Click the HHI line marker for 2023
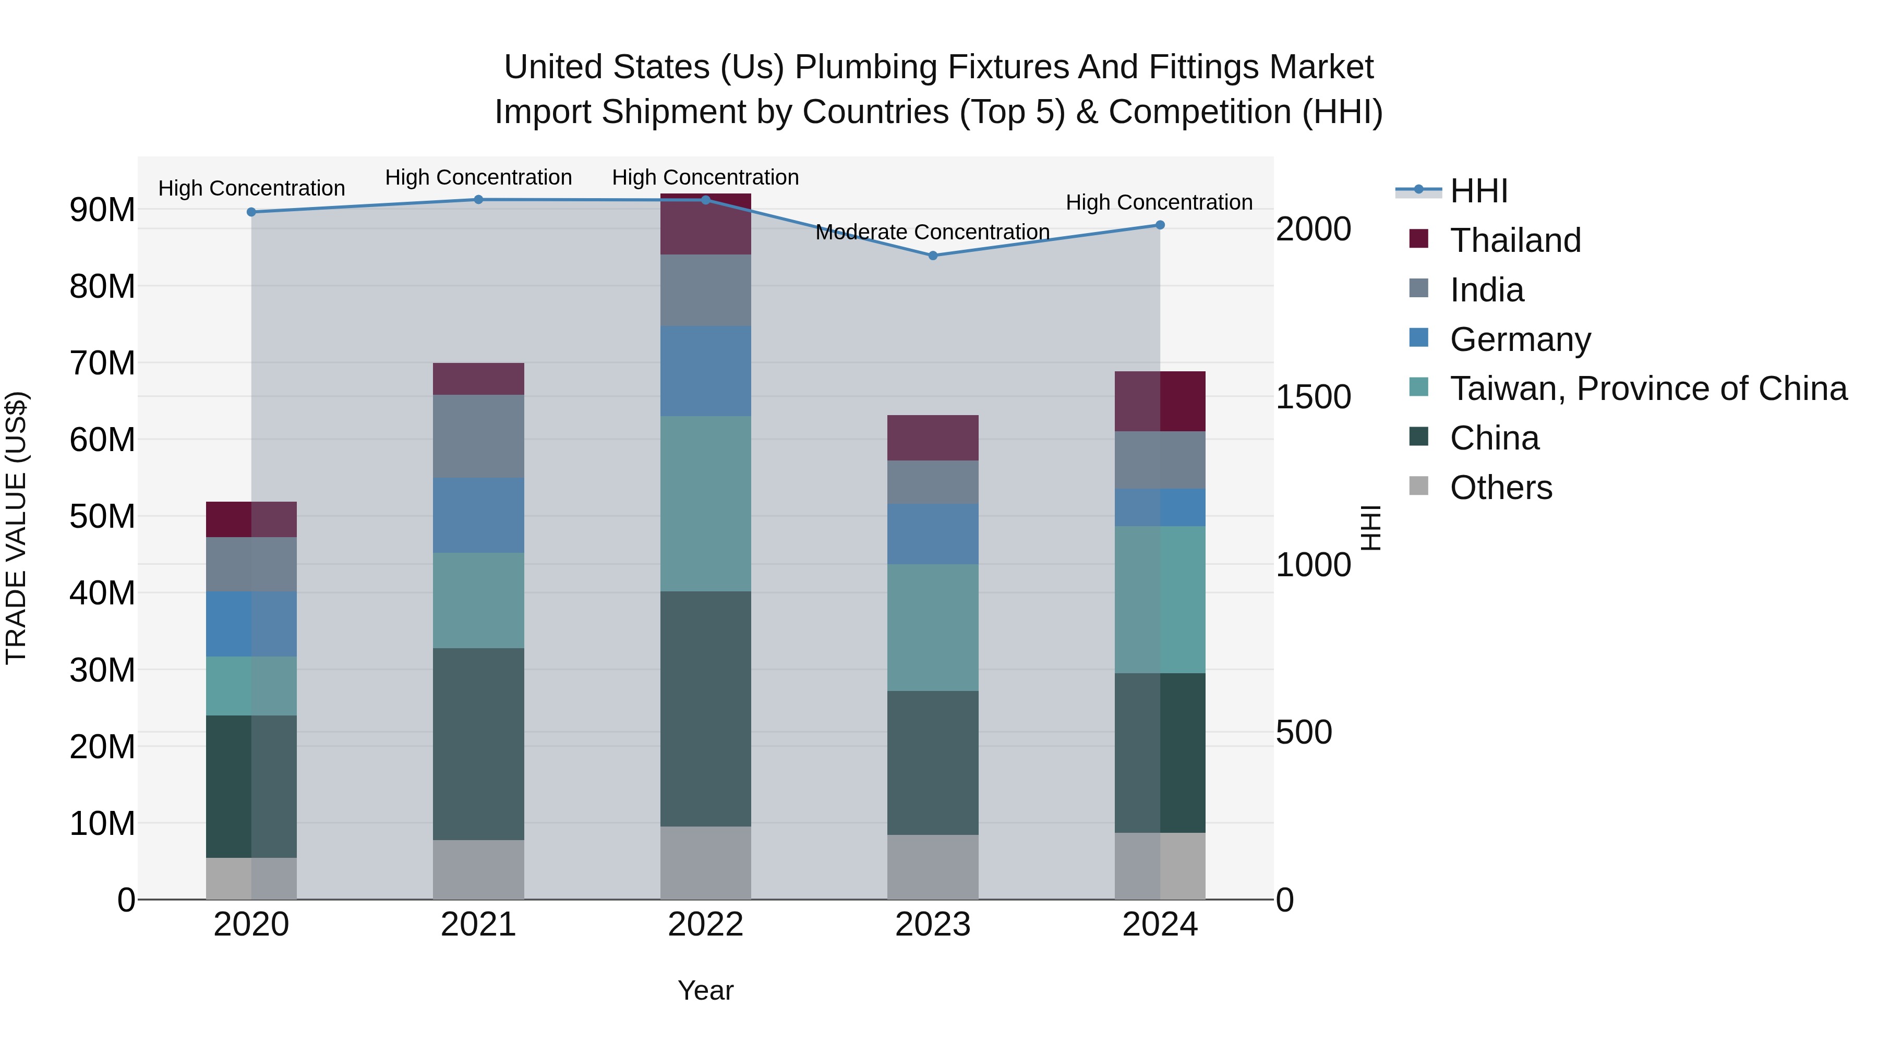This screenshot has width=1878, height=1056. (x=932, y=255)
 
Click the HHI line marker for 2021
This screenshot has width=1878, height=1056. (x=478, y=199)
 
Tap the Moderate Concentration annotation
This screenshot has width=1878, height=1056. (x=932, y=232)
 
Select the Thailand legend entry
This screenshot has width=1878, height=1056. (x=1514, y=240)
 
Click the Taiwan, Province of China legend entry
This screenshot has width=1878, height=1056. (x=1647, y=389)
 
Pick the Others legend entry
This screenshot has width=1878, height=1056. (x=1500, y=487)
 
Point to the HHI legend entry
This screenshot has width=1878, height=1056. (x=1478, y=190)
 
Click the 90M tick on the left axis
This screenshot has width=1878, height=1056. (x=102, y=209)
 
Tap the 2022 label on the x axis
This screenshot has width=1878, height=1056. (x=705, y=924)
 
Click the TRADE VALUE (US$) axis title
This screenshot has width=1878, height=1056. (x=16, y=528)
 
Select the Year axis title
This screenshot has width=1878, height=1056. (x=705, y=990)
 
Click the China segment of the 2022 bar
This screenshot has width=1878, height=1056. (x=705, y=708)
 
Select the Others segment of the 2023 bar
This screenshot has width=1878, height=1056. (x=932, y=867)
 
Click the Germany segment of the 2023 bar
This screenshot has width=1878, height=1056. (x=932, y=533)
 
